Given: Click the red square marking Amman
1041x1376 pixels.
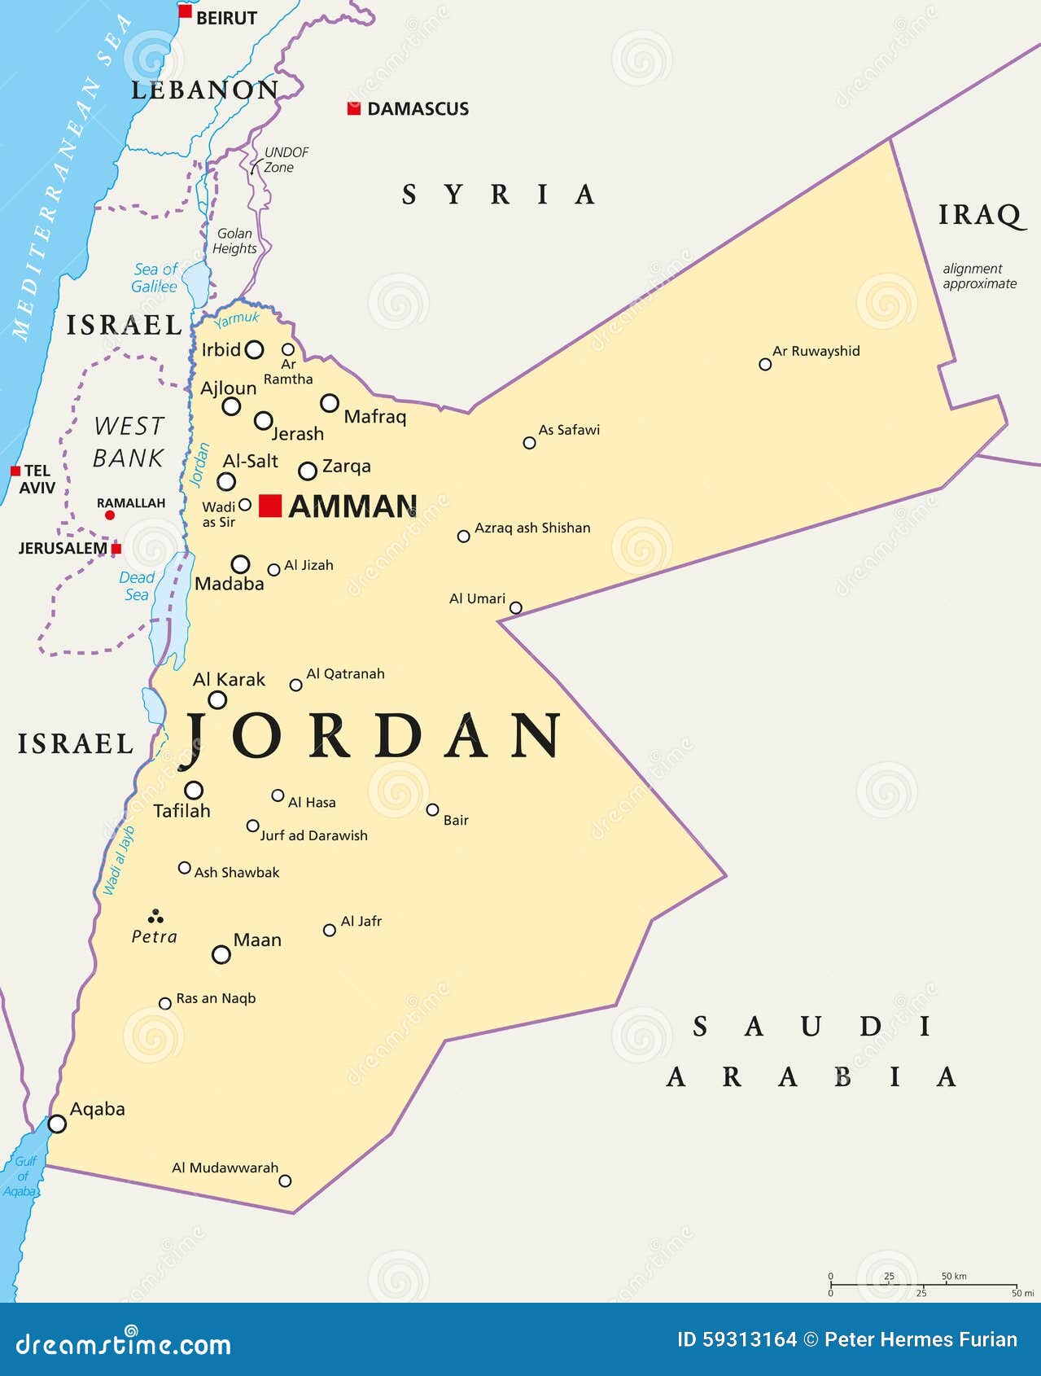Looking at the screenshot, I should [270, 506].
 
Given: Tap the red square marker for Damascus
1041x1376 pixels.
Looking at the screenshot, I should [354, 108].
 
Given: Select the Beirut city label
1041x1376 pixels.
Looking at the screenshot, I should [226, 18].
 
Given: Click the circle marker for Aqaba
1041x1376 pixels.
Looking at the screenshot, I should [57, 1124].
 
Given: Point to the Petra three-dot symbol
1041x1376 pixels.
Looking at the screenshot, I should [155, 917].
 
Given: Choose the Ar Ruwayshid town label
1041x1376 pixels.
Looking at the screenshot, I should [816, 351].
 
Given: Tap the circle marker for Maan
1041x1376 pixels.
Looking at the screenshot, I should [221, 954].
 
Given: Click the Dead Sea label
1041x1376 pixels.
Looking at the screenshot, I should [137, 586].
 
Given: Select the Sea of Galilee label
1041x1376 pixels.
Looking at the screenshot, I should [155, 278].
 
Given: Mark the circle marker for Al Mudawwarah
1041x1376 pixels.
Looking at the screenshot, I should [285, 1181].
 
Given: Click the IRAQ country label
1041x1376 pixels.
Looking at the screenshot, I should [980, 215].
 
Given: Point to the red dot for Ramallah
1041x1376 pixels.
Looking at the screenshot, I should [110, 515].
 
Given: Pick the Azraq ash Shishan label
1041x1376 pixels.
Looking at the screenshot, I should [532, 528].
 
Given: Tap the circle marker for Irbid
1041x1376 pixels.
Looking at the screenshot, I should [255, 350].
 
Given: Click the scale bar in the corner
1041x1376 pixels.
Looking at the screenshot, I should [923, 1285].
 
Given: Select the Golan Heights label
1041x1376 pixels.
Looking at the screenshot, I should [234, 241].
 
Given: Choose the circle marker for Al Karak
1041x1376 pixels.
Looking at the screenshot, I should [217, 699].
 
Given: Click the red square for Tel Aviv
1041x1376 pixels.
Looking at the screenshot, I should [15, 471].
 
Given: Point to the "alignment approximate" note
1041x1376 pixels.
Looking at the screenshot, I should [979, 276].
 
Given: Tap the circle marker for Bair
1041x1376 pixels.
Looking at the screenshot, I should [433, 809].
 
